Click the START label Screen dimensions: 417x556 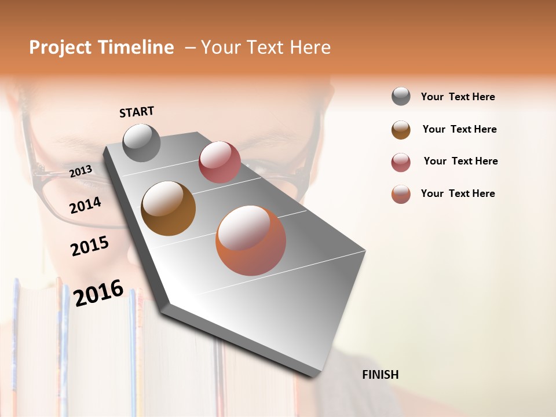137,112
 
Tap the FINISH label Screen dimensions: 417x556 380,375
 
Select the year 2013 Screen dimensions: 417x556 81,171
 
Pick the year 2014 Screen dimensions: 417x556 85,205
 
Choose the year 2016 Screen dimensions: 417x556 98,293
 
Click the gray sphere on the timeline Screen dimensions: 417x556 141,142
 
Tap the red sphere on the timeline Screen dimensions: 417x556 220,162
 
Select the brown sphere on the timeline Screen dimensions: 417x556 168,209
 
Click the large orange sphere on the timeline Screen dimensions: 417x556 251,240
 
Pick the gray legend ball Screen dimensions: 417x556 401,96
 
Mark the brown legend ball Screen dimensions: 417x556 401,130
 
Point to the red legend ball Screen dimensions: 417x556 401,162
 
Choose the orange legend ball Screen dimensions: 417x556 401,194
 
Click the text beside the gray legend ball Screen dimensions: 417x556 458,97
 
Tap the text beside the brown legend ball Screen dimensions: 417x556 459,129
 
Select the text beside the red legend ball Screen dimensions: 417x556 460,161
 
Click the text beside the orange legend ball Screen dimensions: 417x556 458,193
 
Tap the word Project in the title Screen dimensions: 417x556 61,47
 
